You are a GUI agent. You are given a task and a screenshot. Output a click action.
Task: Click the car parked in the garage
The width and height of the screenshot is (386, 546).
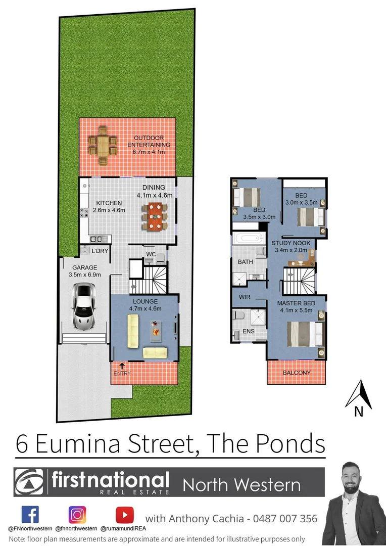click(x=84, y=305)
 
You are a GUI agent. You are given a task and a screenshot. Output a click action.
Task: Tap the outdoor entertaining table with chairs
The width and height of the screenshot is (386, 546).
click(x=103, y=146)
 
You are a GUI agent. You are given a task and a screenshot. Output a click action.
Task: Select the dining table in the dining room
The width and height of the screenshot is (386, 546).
click(x=155, y=216)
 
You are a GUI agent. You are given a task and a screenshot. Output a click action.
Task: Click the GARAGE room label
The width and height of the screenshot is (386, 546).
click(x=84, y=268)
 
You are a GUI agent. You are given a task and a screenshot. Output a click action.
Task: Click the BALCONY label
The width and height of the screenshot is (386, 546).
click(x=297, y=373)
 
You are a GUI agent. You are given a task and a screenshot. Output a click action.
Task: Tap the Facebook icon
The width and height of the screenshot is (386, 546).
click(x=30, y=515)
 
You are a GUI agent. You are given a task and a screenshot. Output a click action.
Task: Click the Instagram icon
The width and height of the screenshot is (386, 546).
click(x=77, y=515)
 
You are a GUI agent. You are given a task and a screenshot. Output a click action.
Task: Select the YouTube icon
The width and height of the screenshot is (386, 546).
click(x=124, y=515)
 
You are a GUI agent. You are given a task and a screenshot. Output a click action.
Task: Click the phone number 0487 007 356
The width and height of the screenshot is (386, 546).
click(x=287, y=519)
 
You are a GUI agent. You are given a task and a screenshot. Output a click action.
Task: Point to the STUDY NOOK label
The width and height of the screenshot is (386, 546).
click(x=292, y=243)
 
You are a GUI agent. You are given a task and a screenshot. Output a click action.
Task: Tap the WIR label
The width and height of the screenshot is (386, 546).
click(x=245, y=297)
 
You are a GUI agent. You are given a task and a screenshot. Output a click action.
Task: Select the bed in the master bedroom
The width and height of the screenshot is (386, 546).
click(x=305, y=334)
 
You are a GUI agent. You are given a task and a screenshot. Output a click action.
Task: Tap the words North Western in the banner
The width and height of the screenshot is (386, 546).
click(x=242, y=485)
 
